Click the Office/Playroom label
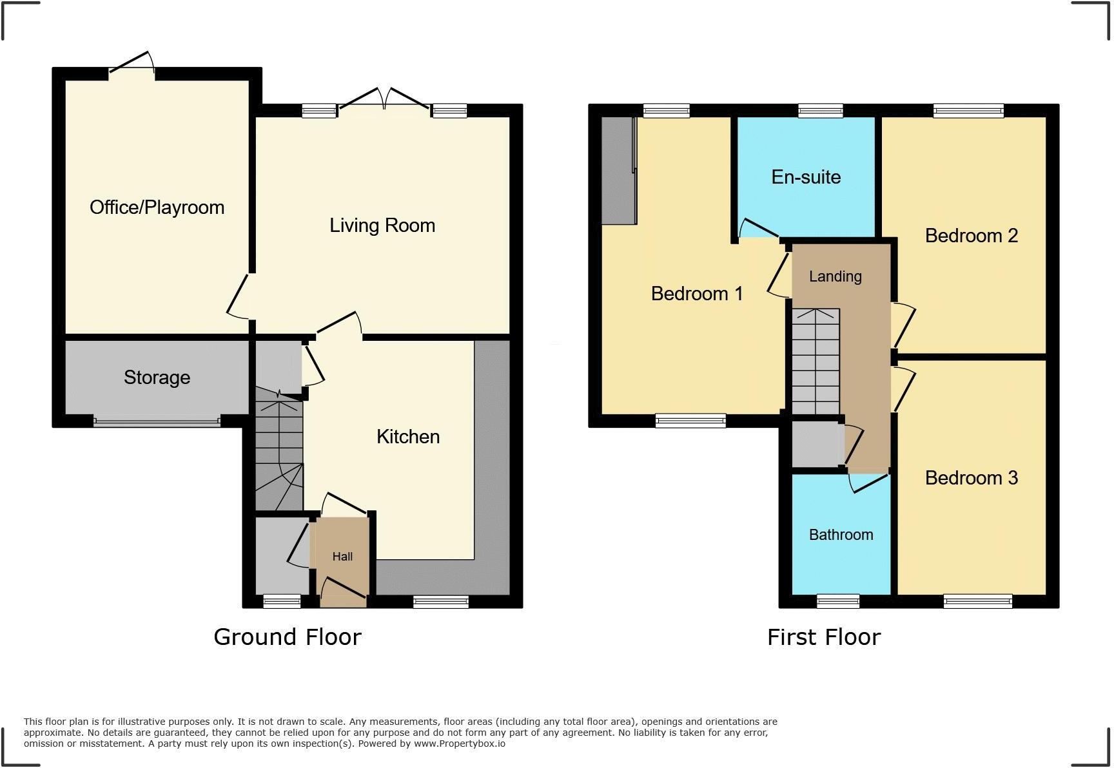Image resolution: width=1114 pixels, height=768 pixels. [x=157, y=207]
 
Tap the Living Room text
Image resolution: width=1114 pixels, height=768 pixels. [x=382, y=226]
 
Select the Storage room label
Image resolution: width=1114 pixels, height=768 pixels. [x=157, y=378]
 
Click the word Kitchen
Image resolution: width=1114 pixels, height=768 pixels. [x=408, y=437]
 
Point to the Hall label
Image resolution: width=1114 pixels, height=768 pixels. [x=342, y=557]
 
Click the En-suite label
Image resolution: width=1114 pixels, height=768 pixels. [x=806, y=177]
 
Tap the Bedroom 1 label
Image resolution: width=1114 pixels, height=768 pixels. [x=697, y=294]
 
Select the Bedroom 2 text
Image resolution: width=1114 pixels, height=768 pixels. [x=971, y=236]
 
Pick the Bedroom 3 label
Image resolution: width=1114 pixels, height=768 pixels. [x=971, y=478]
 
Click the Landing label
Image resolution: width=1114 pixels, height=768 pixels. [x=835, y=276]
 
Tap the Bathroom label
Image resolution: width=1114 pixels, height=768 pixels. [x=841, y=535]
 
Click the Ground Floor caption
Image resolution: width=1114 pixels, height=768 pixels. [x=288, y=637]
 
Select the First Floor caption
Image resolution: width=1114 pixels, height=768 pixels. [x=823, y=637]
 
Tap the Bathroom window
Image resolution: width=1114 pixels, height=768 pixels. [x=837, y=602]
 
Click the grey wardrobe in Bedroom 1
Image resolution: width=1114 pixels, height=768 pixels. [x=618, y=171]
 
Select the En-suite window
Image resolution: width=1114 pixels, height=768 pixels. [x=820, y=111]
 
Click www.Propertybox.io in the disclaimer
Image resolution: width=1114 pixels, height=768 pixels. [x=460, y=744]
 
